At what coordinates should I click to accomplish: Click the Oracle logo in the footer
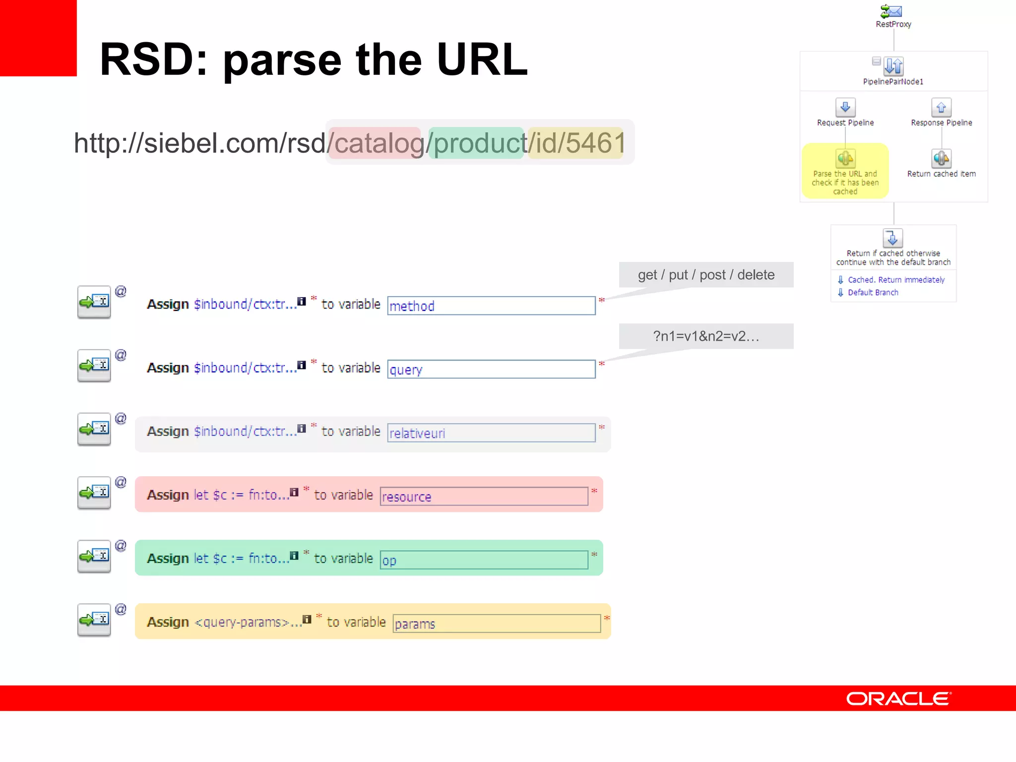click(898, 698)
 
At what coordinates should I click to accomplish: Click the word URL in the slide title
click(482, 60)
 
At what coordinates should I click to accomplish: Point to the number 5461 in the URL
click(595, 143)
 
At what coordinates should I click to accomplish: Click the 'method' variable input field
click(491, 306)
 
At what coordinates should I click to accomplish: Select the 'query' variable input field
click(491, 369)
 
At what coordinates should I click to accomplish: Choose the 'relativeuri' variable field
click(491, 433)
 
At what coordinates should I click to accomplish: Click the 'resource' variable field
click(484, 496)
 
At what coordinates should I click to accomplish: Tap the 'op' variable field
click(484, 560)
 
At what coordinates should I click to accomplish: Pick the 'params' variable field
click(497, 623)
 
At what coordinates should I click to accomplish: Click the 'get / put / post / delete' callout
click(706, 275)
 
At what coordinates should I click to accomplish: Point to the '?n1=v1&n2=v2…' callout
click(706, 336)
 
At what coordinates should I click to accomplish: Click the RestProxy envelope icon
click(891, 11)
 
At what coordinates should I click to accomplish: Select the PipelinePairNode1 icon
click(893, 65)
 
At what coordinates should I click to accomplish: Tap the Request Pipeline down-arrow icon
click(845, 107)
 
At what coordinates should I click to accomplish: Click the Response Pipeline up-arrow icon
click(941, 107)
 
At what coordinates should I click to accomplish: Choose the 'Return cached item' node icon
click(941, 159)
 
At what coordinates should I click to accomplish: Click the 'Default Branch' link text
click(873, 293)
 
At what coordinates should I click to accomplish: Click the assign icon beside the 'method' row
click(94, 302)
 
